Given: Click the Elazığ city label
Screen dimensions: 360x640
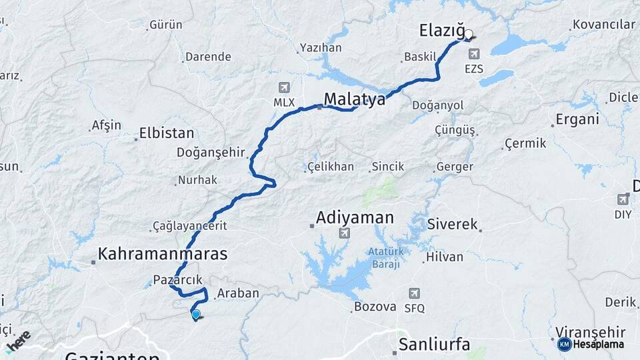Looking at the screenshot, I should click(441, 30).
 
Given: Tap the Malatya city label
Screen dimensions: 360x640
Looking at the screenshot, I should click(355, 100).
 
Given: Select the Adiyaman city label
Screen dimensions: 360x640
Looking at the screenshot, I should click(355, 217).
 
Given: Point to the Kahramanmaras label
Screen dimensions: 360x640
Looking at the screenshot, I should click(163, 254).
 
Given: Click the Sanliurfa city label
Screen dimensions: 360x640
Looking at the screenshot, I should click(434, 345).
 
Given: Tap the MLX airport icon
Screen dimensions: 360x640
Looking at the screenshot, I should click(285, 88).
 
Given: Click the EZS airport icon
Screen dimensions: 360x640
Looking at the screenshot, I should click(473, 54).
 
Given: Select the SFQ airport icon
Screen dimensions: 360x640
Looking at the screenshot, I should click(414, 293).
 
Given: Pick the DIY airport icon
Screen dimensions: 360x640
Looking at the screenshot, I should click(623, 199).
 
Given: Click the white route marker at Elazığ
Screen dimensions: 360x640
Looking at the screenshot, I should click(468, 34).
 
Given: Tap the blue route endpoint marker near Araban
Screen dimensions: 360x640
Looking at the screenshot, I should click(196, 314).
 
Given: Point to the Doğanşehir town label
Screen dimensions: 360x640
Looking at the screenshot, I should click(211, 153).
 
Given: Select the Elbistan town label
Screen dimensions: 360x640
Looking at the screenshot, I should click(167, 133).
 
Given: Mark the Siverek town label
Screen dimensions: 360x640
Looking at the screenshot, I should click(453, 225).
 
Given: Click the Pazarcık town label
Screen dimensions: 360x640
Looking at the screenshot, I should click(177, 280).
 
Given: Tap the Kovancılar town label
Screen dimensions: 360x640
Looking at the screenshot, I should click(604, 25).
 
